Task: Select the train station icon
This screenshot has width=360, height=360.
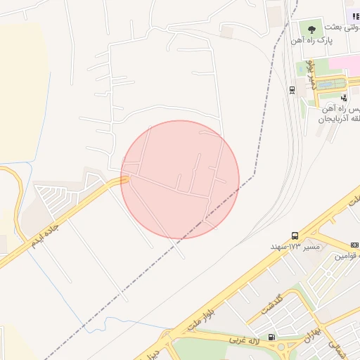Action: coord(292,89)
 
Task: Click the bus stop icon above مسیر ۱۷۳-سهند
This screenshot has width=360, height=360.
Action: coord(294,236)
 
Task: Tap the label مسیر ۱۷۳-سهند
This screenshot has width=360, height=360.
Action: coord(295,247)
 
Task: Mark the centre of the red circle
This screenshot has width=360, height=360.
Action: coord(180,179)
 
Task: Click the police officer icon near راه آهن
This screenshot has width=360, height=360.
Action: coord(344,98)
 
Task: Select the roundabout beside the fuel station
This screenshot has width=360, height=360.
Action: coord(287,347)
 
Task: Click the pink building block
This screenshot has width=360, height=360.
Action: coord(346,63)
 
